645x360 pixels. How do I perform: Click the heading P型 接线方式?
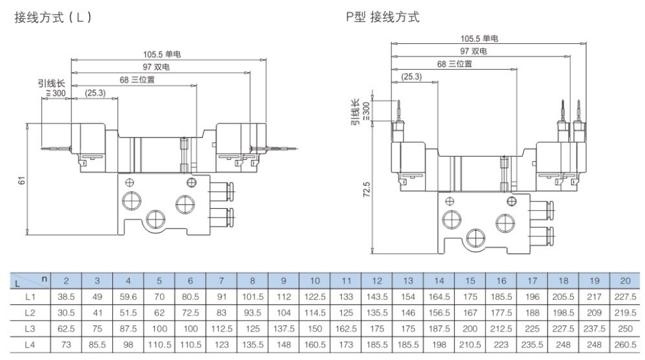coord(382,18)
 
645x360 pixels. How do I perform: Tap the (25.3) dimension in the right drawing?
coord(408,77)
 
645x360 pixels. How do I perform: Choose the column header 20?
coord(624,279)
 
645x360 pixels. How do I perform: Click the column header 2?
coord(67,279)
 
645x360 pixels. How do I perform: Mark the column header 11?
coord(345,279)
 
